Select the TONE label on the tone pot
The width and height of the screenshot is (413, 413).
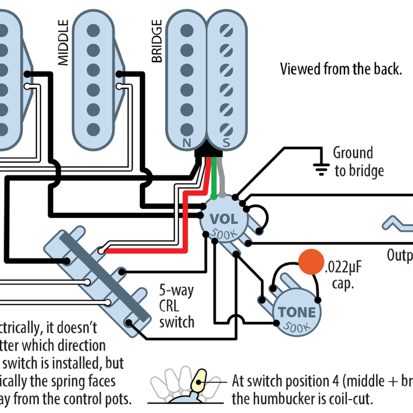click(297, 312)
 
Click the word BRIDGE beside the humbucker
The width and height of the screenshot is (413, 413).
click(157, 41)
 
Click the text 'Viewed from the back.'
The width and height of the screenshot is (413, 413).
click(341, 69)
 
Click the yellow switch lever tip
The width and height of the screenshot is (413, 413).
click(199, 382)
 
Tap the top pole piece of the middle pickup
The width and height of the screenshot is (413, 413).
click(93, 28)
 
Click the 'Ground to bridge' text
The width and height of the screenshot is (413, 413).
click(358, 161)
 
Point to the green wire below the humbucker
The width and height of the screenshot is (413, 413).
click(212, 176)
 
